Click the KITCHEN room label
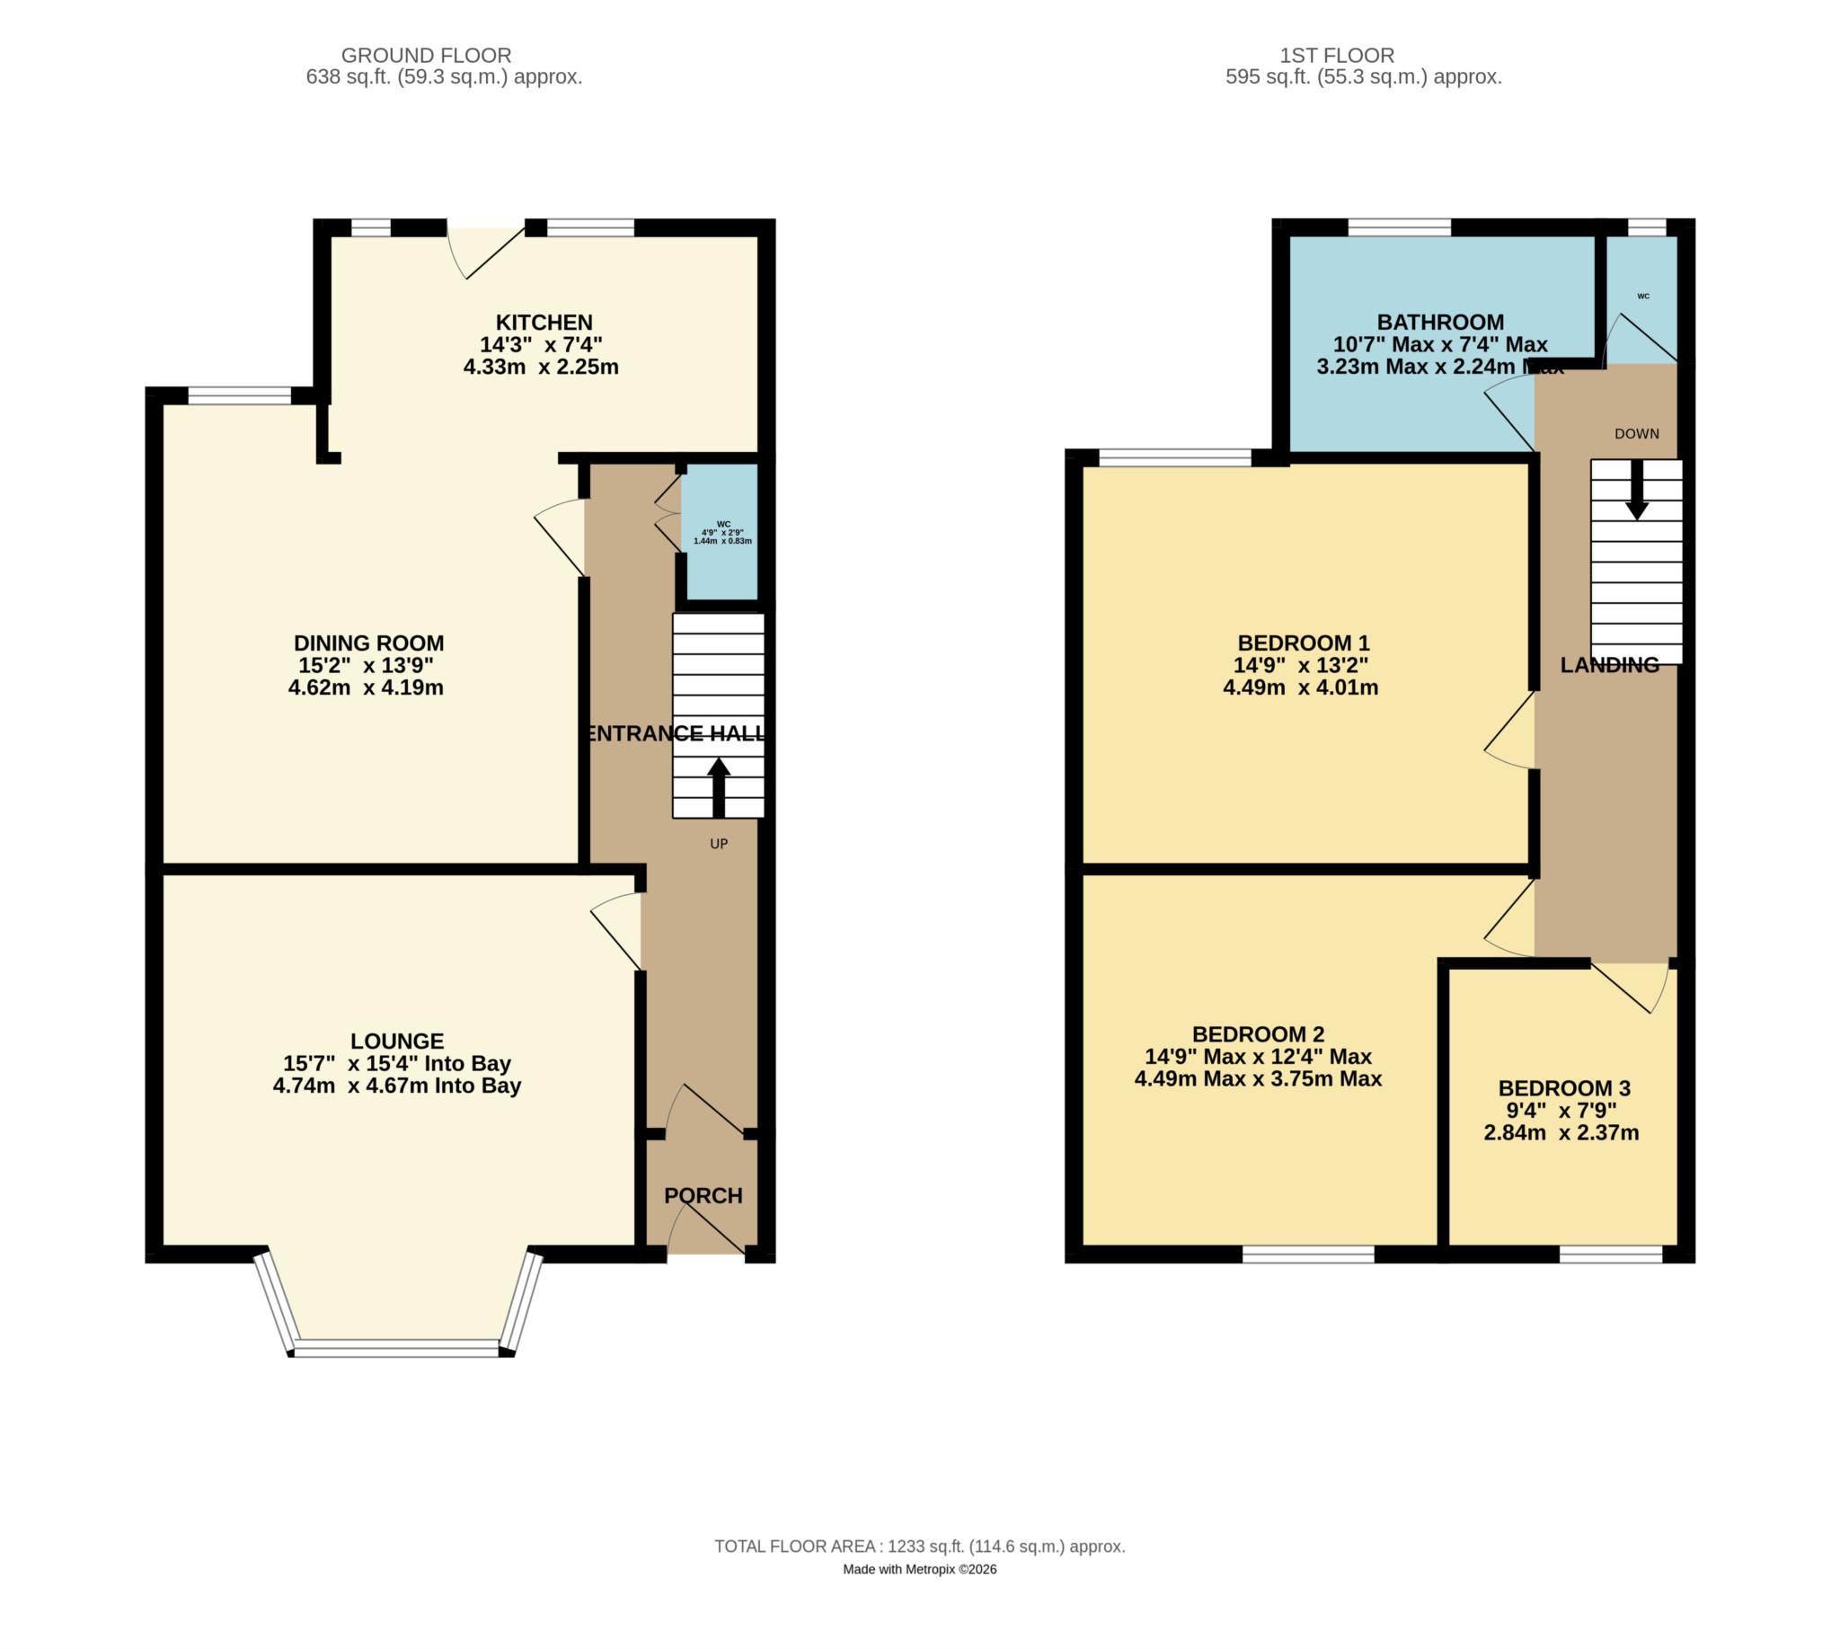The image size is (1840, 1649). coord(544,323)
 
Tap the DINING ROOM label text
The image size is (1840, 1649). coord(368,643)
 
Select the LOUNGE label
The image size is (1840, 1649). coord(397,1041)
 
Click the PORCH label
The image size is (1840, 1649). coord(703,1196)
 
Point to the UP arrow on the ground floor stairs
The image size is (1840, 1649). coord(719,786)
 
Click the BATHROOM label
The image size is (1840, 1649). coord(1439,323)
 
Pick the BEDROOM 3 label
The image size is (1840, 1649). coord(1563,1088)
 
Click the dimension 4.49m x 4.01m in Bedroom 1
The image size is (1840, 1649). coord(1300,687)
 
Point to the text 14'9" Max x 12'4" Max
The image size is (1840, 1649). coord(1258,1057)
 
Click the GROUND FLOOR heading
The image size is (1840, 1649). coord(426,56)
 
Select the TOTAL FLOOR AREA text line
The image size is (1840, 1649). coord(918,1547)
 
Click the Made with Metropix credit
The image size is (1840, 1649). coord(918,1570)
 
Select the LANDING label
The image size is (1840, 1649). coord(1609,665)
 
